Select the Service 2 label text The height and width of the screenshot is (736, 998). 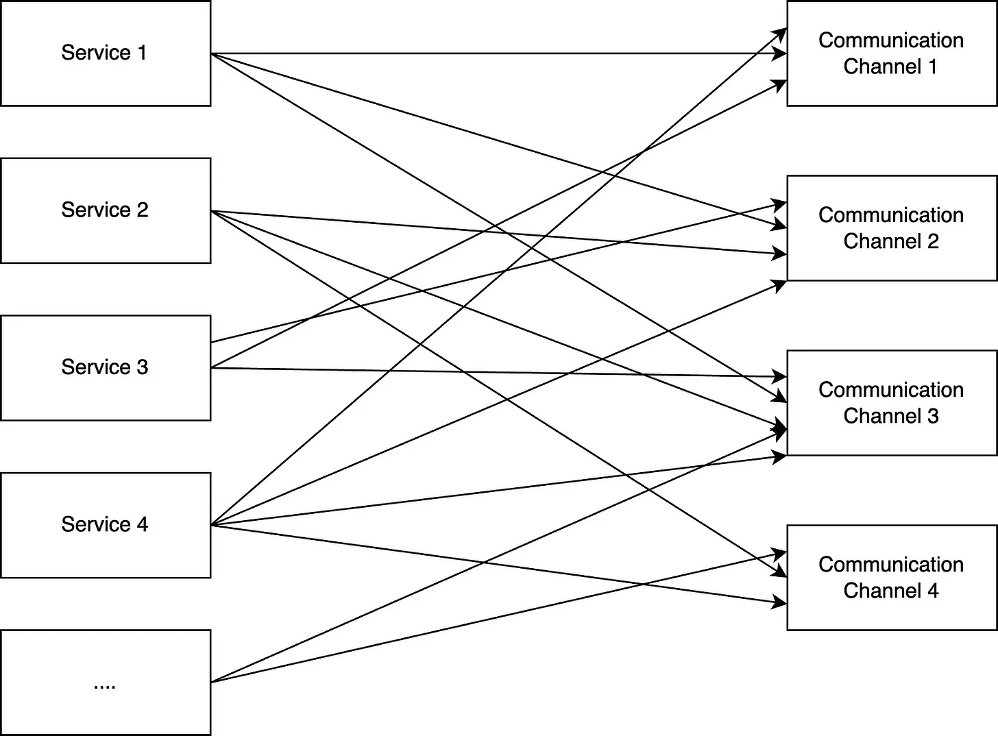105,210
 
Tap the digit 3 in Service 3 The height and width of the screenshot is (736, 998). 142,367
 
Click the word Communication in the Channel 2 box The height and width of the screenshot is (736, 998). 891,215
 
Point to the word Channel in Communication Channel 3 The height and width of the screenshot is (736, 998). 881,416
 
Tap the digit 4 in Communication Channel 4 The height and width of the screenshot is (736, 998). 933,591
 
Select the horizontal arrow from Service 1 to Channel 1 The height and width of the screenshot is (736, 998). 499,53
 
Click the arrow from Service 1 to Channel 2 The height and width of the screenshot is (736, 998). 499,140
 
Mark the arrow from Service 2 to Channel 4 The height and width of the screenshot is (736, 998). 499,394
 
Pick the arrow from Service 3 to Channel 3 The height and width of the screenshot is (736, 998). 499,373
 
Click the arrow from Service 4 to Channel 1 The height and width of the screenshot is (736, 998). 499,277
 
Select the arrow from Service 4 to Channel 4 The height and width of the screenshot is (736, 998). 499,565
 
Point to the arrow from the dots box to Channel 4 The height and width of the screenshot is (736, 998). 499,617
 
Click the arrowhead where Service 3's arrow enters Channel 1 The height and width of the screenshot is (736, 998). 780,84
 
